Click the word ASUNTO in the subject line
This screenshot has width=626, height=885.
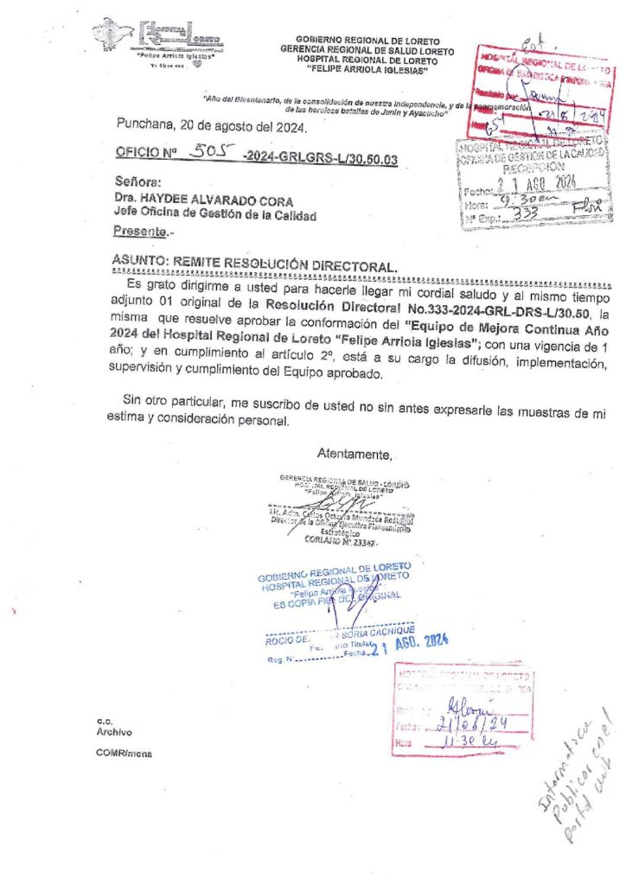tap(138, 260)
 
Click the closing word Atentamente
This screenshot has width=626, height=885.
tap(355, 455)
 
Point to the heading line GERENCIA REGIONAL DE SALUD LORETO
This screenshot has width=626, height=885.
tap(367, 50)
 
